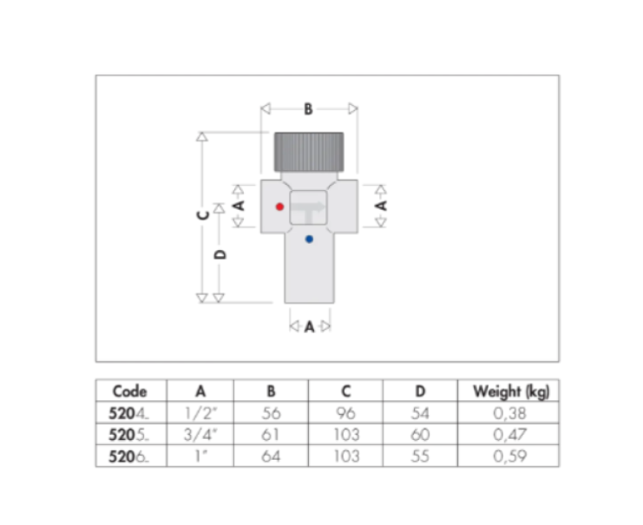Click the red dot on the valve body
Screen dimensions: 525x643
click(279, 207)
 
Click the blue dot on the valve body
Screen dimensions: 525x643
click(309, 239)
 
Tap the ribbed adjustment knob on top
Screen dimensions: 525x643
click(309, 153)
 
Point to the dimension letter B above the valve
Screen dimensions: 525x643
click(308, 109)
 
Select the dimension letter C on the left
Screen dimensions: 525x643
click(203, 215)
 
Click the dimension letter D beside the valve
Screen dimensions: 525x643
click(220, 254)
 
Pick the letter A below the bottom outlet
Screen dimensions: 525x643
click(309, 327)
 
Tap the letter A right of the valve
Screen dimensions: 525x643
click(379, 207)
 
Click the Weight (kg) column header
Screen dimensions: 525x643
click(510, 391)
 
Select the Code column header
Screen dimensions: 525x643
click(130, 391)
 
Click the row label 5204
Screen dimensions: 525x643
click(125, 414)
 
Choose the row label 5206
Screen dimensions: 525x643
click(125, 456)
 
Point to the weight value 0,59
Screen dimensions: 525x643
click(510, 456)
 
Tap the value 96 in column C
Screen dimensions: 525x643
click(346, 414)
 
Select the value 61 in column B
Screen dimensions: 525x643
click(272, 435)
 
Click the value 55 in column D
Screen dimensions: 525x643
click(420, 456)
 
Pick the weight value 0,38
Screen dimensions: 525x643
click(510, 414)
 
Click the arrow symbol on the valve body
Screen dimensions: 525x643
click(307, 208)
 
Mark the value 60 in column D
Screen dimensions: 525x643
click(420, 435)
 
